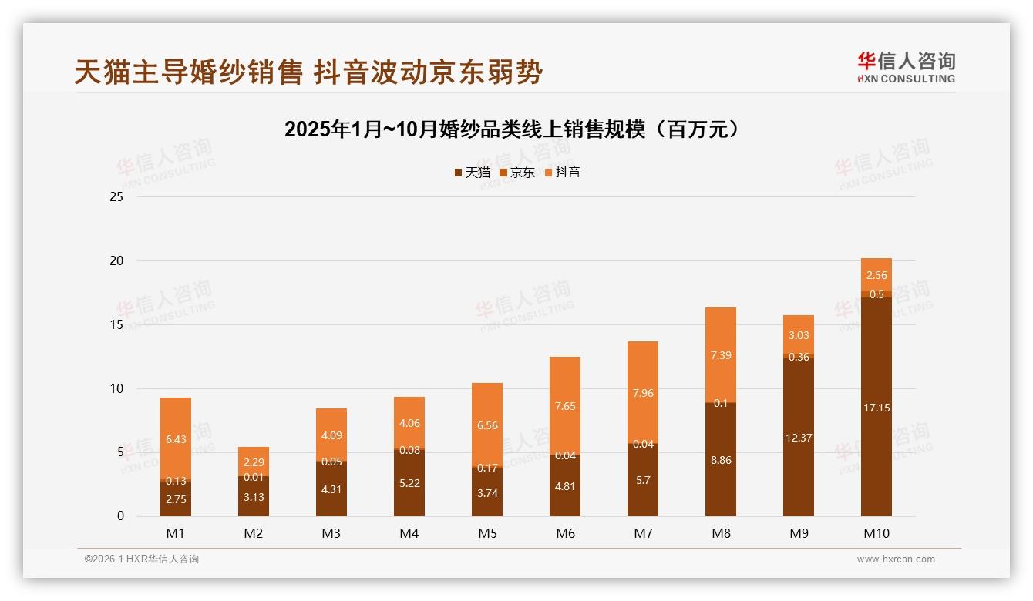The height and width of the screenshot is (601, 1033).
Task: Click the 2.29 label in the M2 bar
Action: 254,462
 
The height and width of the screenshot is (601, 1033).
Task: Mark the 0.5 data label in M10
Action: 877,294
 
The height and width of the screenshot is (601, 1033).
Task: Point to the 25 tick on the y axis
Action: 116,197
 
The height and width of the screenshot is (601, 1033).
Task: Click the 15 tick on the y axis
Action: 116,324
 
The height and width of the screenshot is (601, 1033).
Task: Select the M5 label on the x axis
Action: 487,533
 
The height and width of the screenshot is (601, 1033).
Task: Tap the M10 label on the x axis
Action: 877,533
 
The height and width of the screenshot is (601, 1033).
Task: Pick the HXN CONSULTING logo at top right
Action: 907,68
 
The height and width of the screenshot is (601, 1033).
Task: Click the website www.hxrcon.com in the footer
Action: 896,559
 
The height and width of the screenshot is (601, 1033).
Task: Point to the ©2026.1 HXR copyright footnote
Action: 142,559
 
